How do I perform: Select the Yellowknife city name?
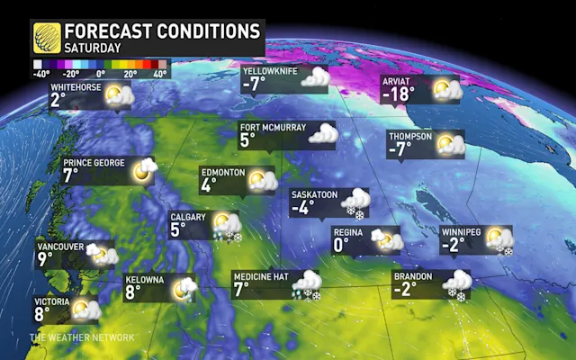(x=275, y=70)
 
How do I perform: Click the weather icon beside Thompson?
(x=450, y=144)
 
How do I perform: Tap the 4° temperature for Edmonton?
(x=209, y=186)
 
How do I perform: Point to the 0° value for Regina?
(x=341, y=244)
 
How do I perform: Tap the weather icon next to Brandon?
(x=455, y=283)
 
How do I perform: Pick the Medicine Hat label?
(x=261, y=275)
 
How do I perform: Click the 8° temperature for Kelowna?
(x=134, y=292)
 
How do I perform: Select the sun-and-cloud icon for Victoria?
(x=85, y=310)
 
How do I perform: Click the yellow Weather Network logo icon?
(x=46, y=37)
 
